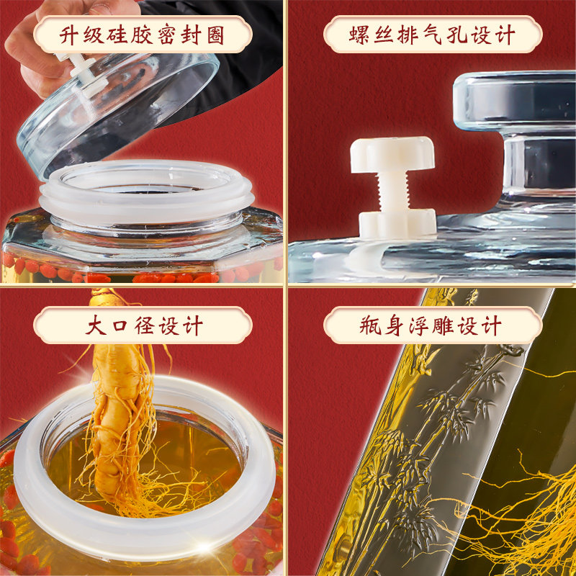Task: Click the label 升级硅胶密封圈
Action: [143, 35]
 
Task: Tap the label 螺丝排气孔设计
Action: [432, 35]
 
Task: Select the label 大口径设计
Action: [143, 325]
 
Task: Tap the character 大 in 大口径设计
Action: [95, 325]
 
